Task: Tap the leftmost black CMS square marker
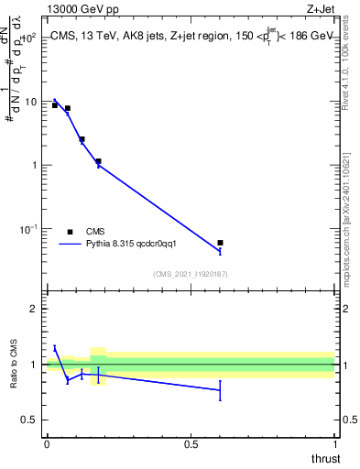pos(55,105)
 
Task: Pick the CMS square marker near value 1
pos(98,161)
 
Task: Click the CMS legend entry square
pos(71,232)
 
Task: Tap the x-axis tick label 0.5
pos(191,444)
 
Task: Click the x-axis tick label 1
pos(334,444)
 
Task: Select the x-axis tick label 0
pos(47,444)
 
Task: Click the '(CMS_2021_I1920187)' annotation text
pos(191,273)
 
